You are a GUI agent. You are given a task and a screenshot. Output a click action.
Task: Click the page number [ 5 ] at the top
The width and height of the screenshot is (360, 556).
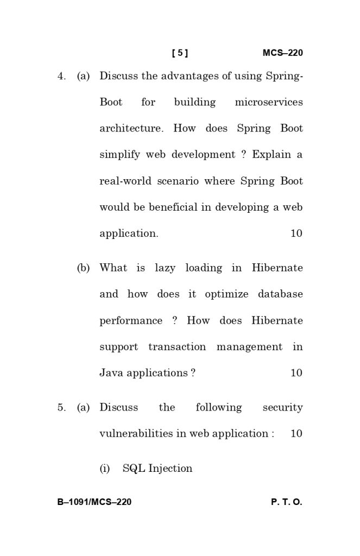(180, 53)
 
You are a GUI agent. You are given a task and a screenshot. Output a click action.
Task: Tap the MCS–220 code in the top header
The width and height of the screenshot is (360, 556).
(282, 53)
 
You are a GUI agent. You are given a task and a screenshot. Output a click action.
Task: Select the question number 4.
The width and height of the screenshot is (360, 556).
(61, 77)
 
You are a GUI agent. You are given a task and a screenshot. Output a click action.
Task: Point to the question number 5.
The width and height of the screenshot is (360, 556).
(61, 408)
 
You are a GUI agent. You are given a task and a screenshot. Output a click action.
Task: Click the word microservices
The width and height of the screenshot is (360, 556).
(269, 103)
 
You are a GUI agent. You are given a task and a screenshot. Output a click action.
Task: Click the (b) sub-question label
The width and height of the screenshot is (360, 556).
(84, 268)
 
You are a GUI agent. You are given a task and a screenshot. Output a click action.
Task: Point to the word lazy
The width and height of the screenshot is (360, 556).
(165, 268)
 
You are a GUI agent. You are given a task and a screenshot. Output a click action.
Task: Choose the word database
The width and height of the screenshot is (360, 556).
(280, 294)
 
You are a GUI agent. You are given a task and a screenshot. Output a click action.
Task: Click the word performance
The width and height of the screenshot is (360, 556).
(131, 321)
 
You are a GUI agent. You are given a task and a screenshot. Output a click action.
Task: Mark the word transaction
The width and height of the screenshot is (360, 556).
(177, 347)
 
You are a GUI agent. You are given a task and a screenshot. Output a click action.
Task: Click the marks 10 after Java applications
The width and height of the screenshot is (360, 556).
(296, 373)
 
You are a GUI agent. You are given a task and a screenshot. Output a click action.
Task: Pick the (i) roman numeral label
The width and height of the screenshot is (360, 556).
(104, 469)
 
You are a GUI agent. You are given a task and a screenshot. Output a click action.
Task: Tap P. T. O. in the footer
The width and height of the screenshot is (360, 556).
(286, 502)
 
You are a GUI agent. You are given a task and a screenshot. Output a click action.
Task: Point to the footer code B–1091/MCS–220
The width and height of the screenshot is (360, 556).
(94, 502)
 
